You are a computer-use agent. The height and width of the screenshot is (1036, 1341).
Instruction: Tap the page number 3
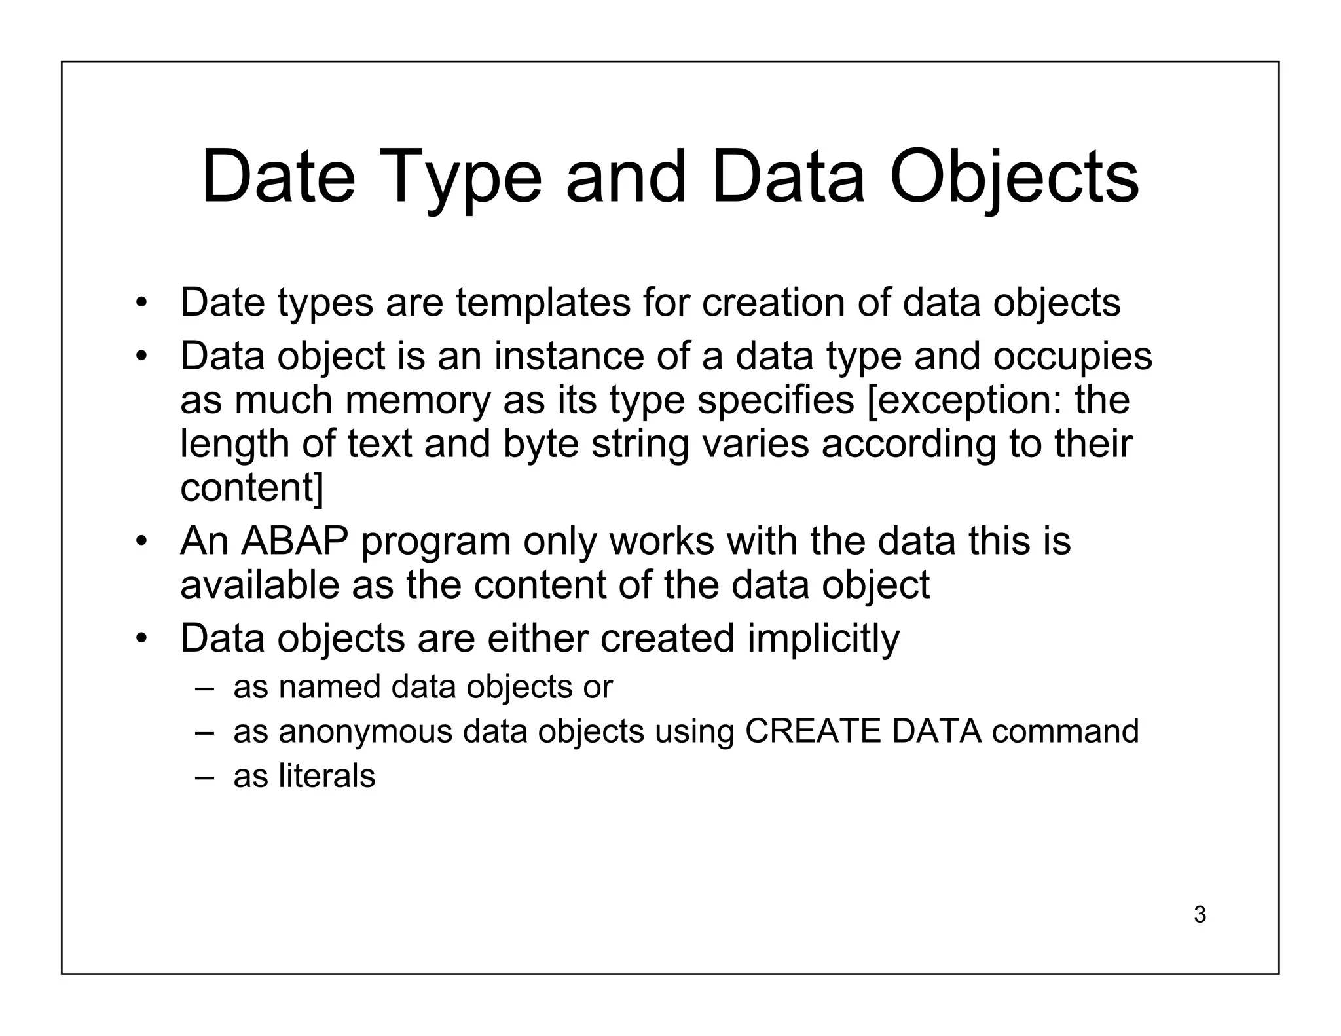pyautogui.click(x=1200, y=914)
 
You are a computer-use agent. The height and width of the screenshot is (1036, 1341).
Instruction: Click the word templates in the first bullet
pyautogui.click(x=543, y=303)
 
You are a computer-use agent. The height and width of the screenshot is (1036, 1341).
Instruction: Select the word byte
pyautogui.click(x=541, y=443)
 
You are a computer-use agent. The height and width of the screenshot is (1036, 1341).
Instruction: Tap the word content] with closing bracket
pyautogui.click(x=251, y=487)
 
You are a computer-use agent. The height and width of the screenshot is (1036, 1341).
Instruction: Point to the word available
pyautogui.click(x=260, y=585)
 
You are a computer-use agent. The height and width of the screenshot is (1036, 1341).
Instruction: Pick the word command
pyautogui.click(x=1065, y=731)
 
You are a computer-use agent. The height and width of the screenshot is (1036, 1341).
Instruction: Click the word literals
pyautogui.click(x=327, y=776)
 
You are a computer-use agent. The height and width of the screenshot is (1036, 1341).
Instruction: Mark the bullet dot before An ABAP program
pyautogui.click(x=140, y=542)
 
